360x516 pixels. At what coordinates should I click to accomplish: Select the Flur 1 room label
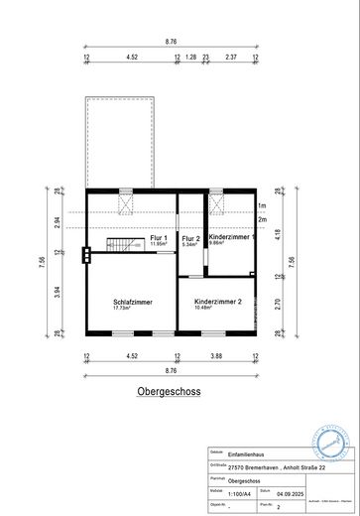159,238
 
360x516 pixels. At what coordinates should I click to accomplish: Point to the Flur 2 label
190,238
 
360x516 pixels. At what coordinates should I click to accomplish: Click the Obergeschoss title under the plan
169,391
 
